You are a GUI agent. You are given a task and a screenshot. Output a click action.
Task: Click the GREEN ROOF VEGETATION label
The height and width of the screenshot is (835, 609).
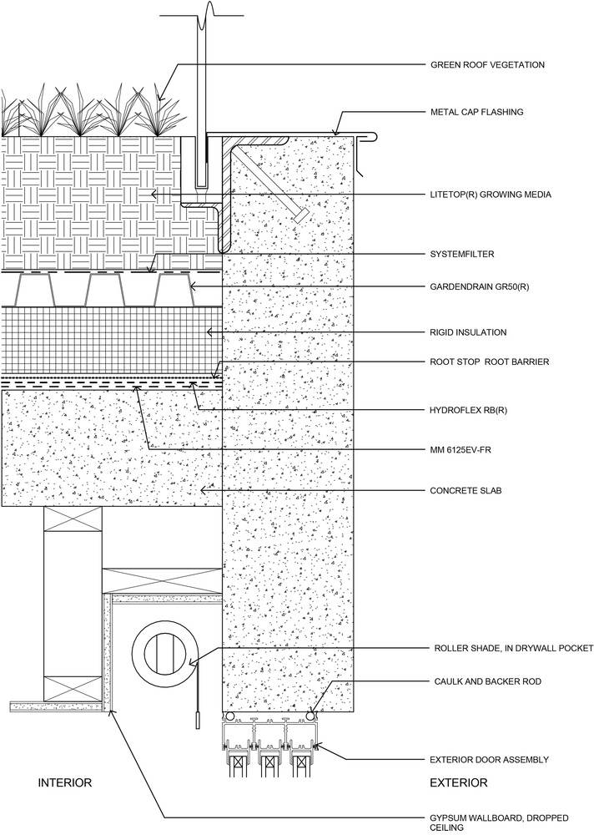[x=487, y=65]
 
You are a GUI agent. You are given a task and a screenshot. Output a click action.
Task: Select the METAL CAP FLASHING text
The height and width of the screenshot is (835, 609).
[x=476, y=112]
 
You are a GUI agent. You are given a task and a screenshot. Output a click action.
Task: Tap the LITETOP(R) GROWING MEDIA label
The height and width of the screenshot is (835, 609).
[x=491, y=195]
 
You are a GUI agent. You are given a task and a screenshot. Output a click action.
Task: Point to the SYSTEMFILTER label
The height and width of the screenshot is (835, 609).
[x=461, y=254]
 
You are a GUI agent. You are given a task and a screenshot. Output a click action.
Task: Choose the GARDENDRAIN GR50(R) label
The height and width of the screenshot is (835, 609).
[x=479, y=287]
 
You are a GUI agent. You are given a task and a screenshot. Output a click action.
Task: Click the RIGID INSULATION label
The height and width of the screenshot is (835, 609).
[x=468, y=332]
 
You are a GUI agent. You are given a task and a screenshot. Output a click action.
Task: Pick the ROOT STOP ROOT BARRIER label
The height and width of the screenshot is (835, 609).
[x=490, y=362]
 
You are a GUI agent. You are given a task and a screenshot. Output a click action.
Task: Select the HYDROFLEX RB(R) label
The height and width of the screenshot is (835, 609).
[x=468, y=411]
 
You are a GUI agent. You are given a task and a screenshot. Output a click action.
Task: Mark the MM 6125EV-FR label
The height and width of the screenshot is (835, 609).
[x=460, y=450]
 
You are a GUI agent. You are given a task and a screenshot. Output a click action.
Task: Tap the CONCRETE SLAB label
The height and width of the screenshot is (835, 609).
[x=466, y=490]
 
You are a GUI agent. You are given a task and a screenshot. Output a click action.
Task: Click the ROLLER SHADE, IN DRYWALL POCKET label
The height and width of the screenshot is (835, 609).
[x=514, y=648]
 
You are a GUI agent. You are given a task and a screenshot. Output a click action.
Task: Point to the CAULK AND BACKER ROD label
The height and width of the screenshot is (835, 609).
[x=488, y=681]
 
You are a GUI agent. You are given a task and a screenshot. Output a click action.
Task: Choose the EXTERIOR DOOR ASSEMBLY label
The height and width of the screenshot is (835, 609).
[x=490, y=759]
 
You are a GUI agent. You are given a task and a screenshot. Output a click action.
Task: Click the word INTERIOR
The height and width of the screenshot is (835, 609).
[x=65, y=782]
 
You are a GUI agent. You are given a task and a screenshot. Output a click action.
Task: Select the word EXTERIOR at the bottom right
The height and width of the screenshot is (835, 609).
[x=459, y=782]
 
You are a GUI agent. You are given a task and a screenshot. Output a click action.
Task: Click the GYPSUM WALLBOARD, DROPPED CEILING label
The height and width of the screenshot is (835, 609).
[x=499, y=822]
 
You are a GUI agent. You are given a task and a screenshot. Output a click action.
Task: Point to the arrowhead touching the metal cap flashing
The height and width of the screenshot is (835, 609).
[x=335, y=130]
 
